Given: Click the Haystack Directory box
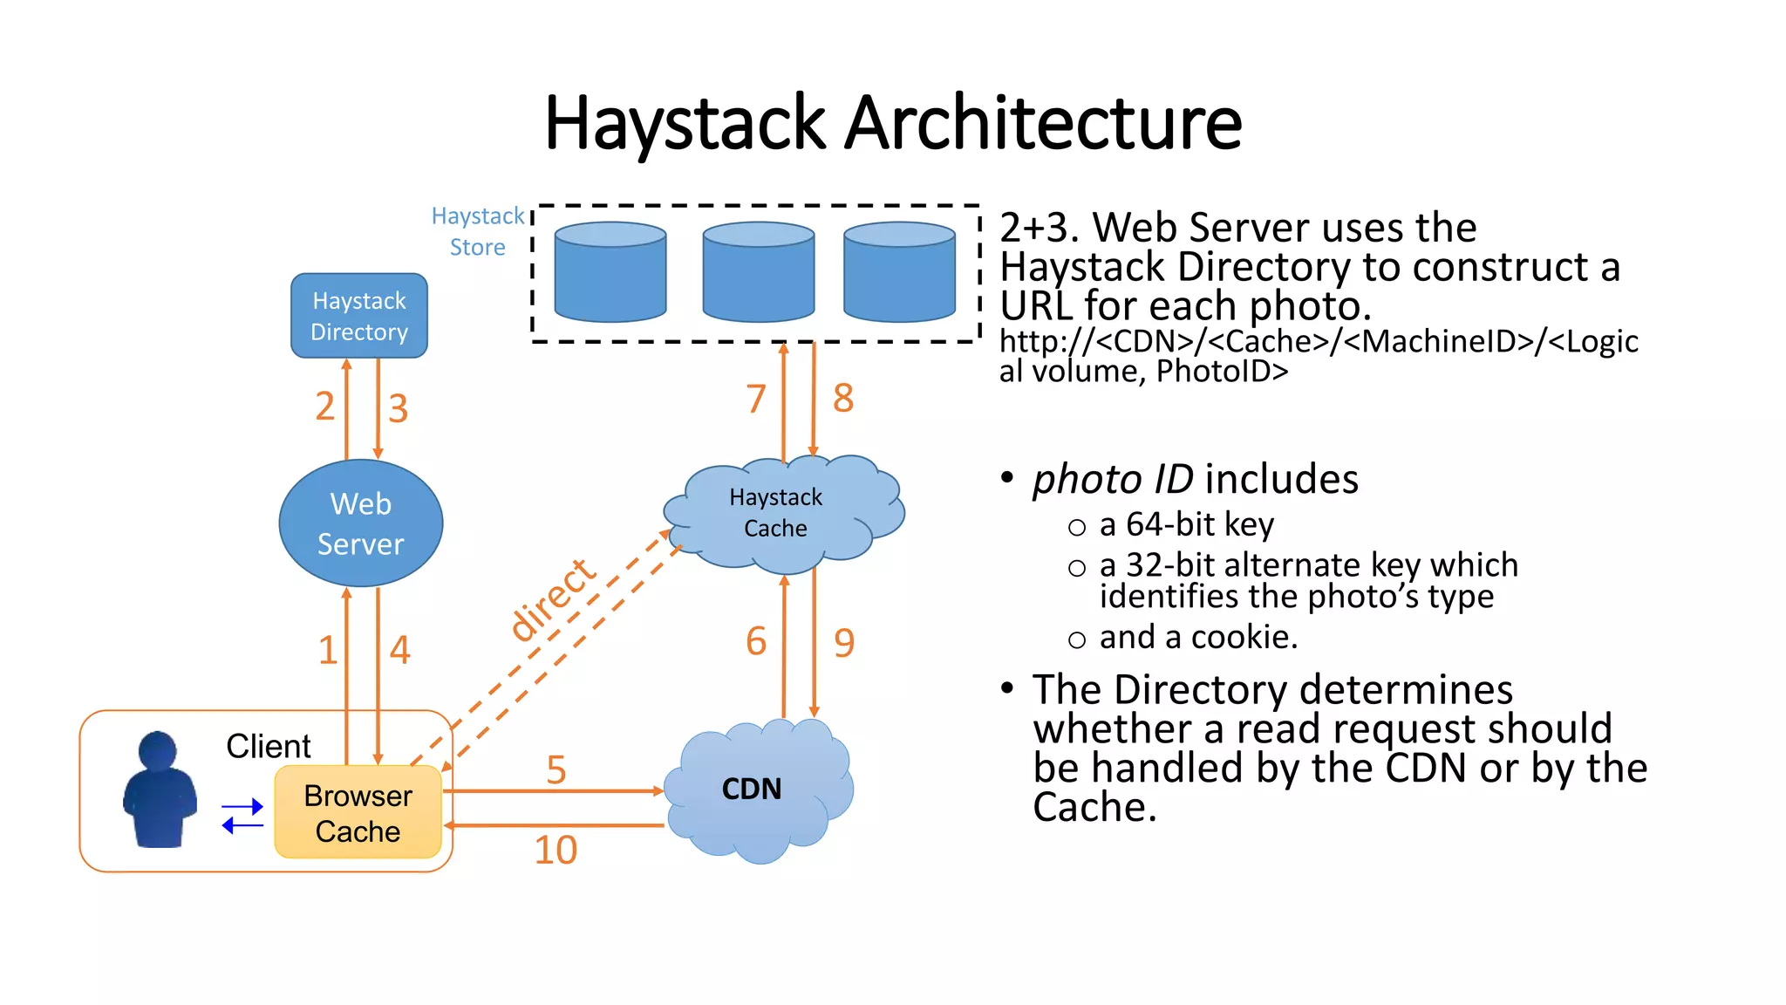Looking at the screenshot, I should [x=358, y=316].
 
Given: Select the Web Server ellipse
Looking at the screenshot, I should [x=360, y=523].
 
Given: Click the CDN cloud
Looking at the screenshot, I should [x=752, y=790].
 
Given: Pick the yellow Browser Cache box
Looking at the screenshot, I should [x=358, y=813].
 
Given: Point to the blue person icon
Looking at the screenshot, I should [x=159, y=790].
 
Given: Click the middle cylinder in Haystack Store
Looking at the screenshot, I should [x=758, y=271].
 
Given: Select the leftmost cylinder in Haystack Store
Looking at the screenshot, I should [x=610, y=271].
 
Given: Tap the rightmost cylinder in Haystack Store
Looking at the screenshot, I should [x=899, y=271].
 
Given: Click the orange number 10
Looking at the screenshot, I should [x=556, y=850].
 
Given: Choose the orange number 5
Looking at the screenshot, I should [x=556, y=769].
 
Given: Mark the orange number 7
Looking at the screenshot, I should [x=755, y=400].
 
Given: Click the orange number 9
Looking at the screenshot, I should [x=843, y=643].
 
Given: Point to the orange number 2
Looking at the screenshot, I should [x=324, y=407].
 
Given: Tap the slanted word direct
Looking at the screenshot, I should [x=552, y=599].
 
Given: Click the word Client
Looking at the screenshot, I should [x=268, y=746].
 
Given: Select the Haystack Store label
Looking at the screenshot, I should [x=477, y=231].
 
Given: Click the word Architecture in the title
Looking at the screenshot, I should [x=1043, y=123].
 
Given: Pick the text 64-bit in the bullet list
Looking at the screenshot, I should [x=1169, y=524].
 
